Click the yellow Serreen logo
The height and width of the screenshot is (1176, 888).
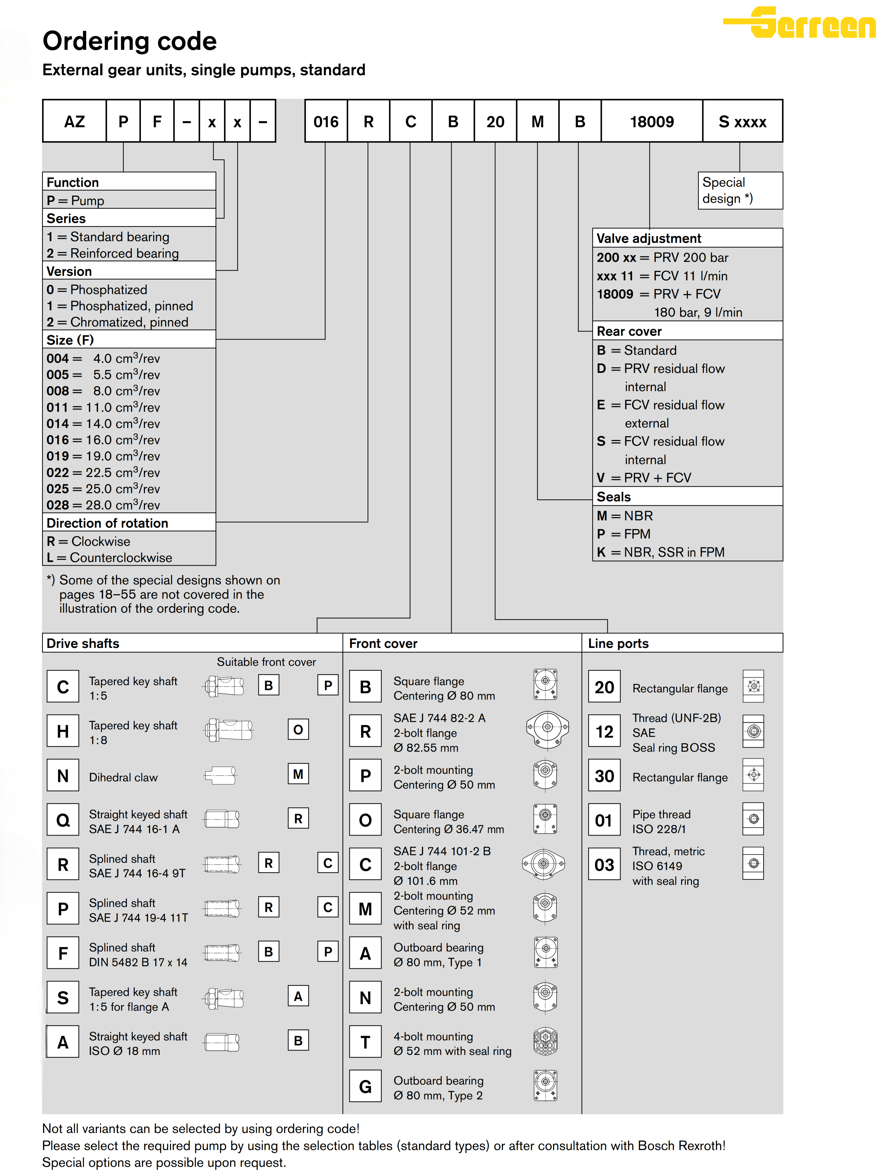800,23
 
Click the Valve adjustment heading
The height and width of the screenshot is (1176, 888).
649,238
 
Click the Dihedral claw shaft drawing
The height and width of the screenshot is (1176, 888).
221,775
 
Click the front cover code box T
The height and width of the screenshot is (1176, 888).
365,1042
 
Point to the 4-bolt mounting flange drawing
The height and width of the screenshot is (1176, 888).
545,1041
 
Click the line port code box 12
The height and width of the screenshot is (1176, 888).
604,732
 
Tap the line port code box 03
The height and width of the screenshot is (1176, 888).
604,864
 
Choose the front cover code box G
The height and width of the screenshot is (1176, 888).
365,1086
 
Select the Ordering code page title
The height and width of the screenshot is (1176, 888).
130,41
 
